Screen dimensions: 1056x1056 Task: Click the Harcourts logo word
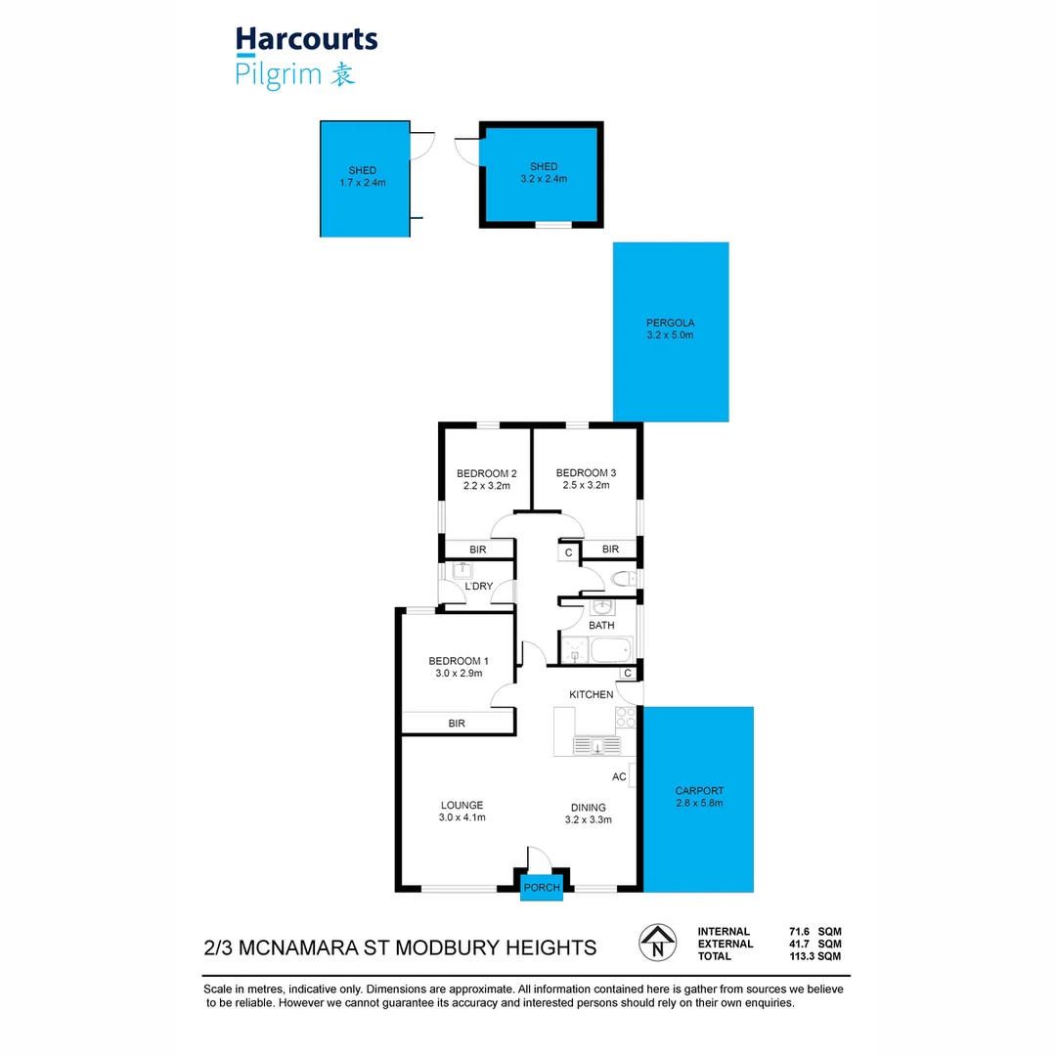point(306,40)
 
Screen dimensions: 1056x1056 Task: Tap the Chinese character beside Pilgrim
point(341,75)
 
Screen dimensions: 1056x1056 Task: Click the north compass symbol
point(657,943)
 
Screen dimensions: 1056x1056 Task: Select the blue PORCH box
point(542,887)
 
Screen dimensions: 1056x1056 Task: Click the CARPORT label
point(698,791)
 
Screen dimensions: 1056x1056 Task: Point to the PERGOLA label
point(670,323)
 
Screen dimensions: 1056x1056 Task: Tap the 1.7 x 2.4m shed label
point(362,182)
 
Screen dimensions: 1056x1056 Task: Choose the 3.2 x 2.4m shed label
point(544,178)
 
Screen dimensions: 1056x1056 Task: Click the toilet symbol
point(622,580)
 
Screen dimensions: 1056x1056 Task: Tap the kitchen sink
point(596,746)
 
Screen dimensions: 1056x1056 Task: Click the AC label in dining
point(619,776)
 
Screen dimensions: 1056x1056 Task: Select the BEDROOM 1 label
point(459,661)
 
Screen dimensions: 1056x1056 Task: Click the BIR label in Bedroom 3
point(611,550)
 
